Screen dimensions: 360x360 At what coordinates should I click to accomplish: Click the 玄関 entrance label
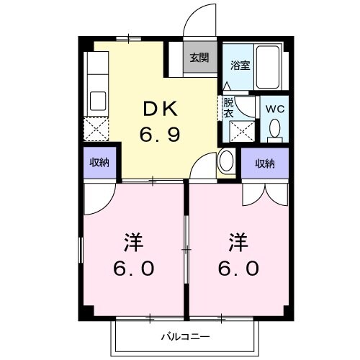[199, 58]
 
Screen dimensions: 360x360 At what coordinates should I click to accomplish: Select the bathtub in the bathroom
[270, 69]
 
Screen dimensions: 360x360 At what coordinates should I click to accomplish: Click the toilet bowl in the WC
[274, 127]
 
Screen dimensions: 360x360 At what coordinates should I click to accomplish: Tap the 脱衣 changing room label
[228, 107]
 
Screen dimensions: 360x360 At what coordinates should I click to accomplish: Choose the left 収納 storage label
[99, 163]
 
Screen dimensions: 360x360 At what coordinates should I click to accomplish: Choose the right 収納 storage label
[265, 163]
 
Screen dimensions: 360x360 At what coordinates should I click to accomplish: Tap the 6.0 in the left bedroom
[133, 269]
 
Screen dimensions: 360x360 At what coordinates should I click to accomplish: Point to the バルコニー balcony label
[184, 336]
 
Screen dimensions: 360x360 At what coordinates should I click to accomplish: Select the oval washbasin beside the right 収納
[225, 160]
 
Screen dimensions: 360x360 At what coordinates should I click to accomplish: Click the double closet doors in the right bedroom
[264, 192]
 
